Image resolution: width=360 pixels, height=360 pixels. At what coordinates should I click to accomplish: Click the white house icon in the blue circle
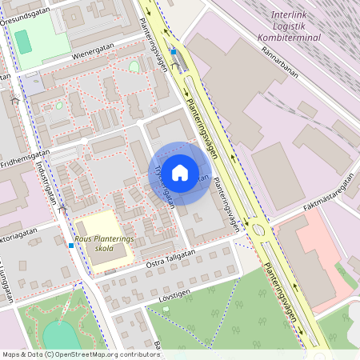pos(180,173)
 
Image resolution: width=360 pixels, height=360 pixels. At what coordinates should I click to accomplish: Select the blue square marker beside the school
pos(71,245)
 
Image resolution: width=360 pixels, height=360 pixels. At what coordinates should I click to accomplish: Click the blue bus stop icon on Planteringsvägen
pos(171,50)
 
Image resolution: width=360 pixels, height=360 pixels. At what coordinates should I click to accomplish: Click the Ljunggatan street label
pos(9,280)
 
